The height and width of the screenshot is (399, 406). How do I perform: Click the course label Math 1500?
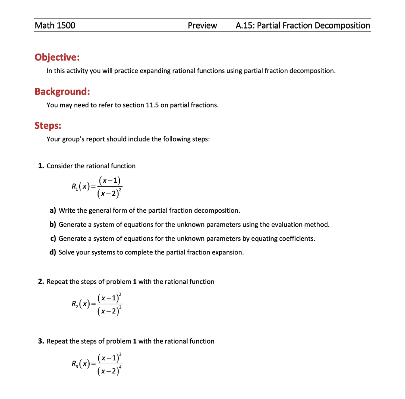[x=55, y=26]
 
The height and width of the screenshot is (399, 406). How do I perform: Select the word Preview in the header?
[x=202, y=26]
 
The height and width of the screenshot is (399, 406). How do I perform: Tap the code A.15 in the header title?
[x=245, y=26]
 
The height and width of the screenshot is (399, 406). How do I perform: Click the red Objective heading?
[x=57, y=57]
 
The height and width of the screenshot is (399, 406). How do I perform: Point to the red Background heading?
[x=62, y=92]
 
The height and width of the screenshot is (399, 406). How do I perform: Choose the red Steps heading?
[x=48, y=126]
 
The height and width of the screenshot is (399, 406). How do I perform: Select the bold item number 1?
[x=41, y=166]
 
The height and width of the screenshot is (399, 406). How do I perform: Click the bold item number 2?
[x=41, y=281]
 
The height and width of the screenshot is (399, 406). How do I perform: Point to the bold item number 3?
[x=41, y=341]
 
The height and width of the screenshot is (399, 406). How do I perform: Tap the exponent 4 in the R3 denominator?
[x=121, y=367]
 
